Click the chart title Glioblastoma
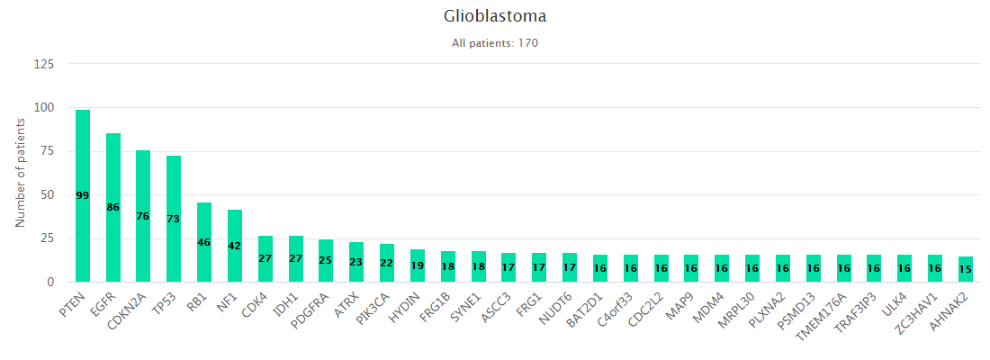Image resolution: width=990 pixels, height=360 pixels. click(x=495, y=16)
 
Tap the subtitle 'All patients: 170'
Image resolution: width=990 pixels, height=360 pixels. click(x=495, y=43)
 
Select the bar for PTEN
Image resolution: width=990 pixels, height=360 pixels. click(x=83, y=196)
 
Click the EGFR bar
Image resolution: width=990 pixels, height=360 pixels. click(x=113, y=207)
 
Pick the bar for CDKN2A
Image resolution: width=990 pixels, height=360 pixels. click(x=143, y=216)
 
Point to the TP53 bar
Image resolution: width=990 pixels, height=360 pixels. click(x=174, y=219)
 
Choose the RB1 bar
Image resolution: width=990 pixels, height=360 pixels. click(x=204, y=242)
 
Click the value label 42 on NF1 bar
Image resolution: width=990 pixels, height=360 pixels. click(x=235, y=246)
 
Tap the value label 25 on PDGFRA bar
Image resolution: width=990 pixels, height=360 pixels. click(x=326, y=259)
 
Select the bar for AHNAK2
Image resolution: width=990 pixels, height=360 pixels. click(x=966, y=269)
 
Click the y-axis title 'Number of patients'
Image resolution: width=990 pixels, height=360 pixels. click(x=20, y=173)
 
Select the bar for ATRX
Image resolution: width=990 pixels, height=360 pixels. click(x=356, y=262)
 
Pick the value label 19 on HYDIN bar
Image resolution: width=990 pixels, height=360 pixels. click(x=418, y=265)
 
